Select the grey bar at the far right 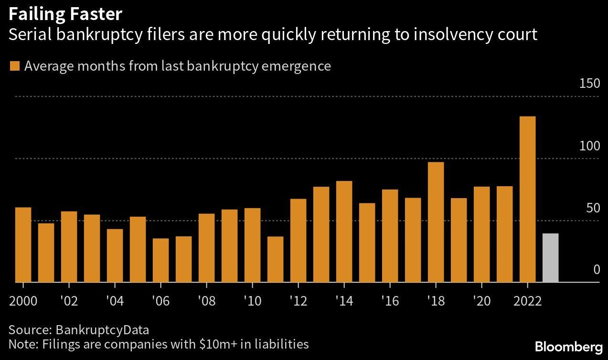pyautogui.click(x=550, y=258)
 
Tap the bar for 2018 pyautogui.click(x=436, y=222)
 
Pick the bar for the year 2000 pyautogui.click(x=23, y=244)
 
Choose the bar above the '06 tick pyautogui.click(x=160, y=260)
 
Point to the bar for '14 pyautogui.click(x=344, y=232)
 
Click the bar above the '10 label pyautogui.click(x=252, y=245)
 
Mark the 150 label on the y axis pyautogui.click(x=589, y=84)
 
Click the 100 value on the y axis pyautogui.click(x=589, y=146)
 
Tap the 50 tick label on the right pyautogui.click(x=592, y=208)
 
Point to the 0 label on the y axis pyautogui.click(x=596, y=270)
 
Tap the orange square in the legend pyautogui.click(x=15, y=66)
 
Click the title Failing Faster pyautogui.click(x=65, y=14)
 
